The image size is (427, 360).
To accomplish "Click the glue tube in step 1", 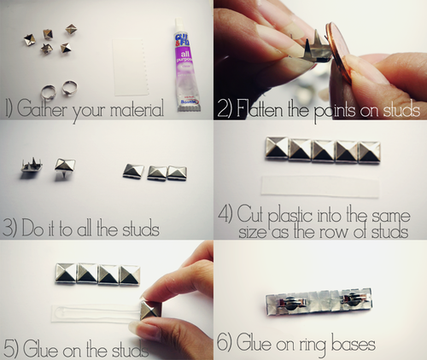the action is pyautogui.click(x=185, y=66).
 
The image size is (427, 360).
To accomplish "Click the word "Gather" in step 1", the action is pyautogui.click(x=42, y=108).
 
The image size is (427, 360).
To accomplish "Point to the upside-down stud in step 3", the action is pyautogui.click(x=32, y=165).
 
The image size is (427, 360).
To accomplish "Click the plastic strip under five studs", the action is pyautogui.click(x=320, y=187).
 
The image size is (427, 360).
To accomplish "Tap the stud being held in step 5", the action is pyautogui.click(x=151, y=310).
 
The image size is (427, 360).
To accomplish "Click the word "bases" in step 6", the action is pyautogui.click(x=354, y=344).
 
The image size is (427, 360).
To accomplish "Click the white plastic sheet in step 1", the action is pyautogui.click(x=131, y=67).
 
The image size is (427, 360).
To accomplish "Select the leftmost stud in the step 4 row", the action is pyautogui.click(x=277, y=148).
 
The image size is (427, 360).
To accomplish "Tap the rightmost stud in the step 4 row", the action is pyautogui.click(x=370, y=153).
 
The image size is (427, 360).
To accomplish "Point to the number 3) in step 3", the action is pyautogui.click(x=9, y=228).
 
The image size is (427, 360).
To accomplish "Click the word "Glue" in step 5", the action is pyautogui.click(x=40, y=349).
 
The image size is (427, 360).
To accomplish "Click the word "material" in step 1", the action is pyautogui.click(x=137, y=108).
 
